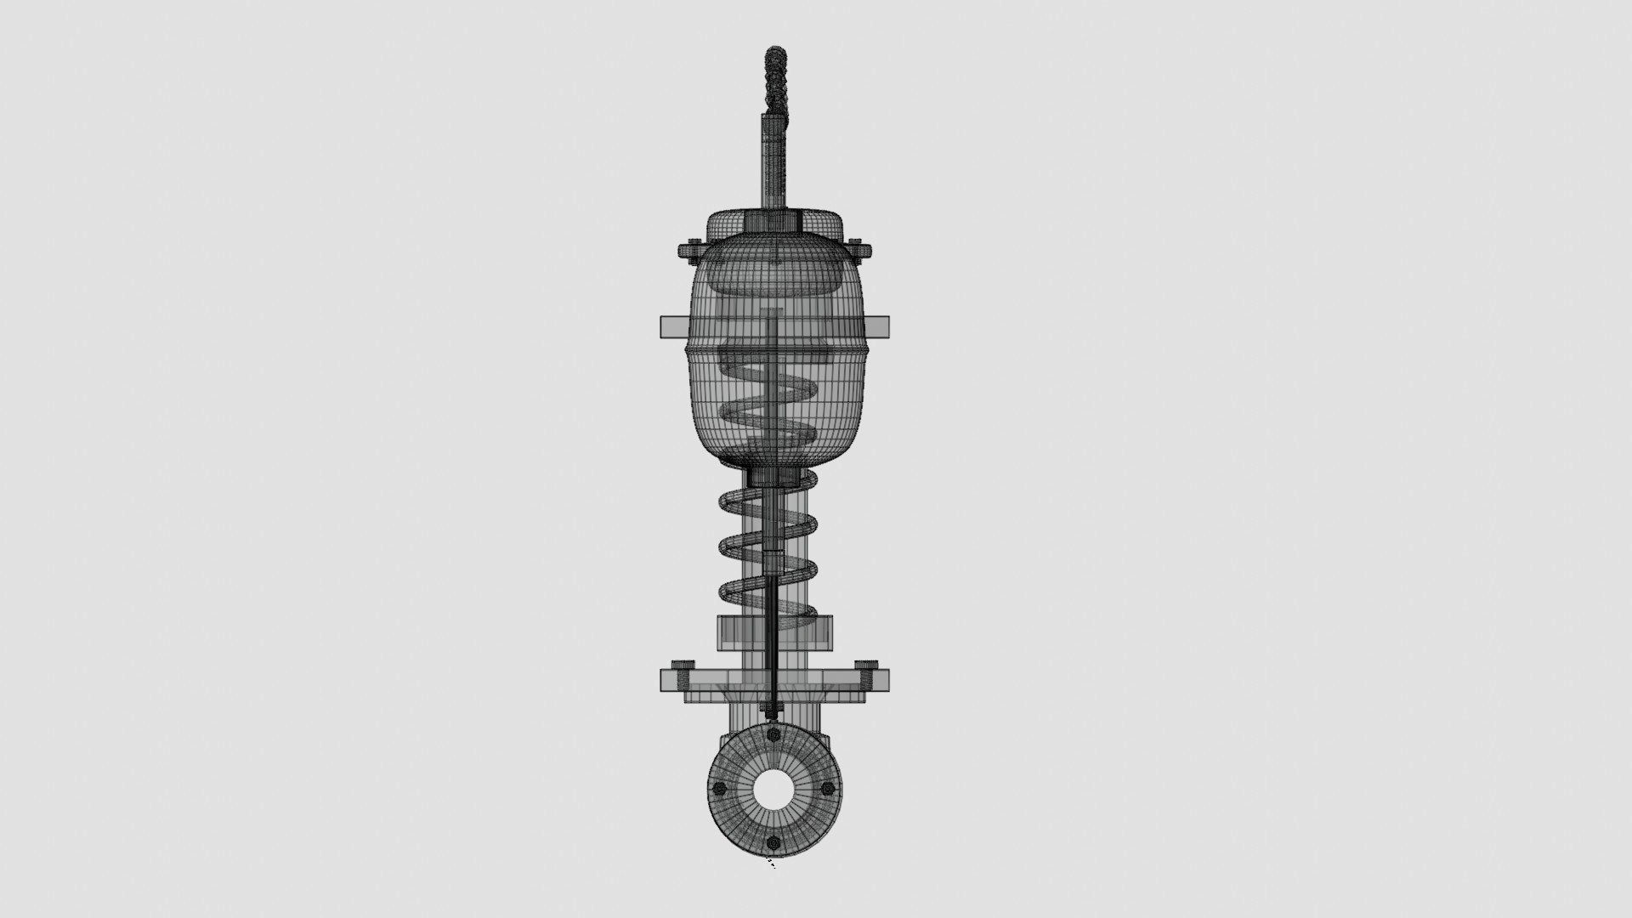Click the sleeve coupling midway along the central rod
(772, 561)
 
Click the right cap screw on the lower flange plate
(865, 665)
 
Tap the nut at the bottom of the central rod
(772, 707)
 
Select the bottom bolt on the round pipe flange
(773, 842)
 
